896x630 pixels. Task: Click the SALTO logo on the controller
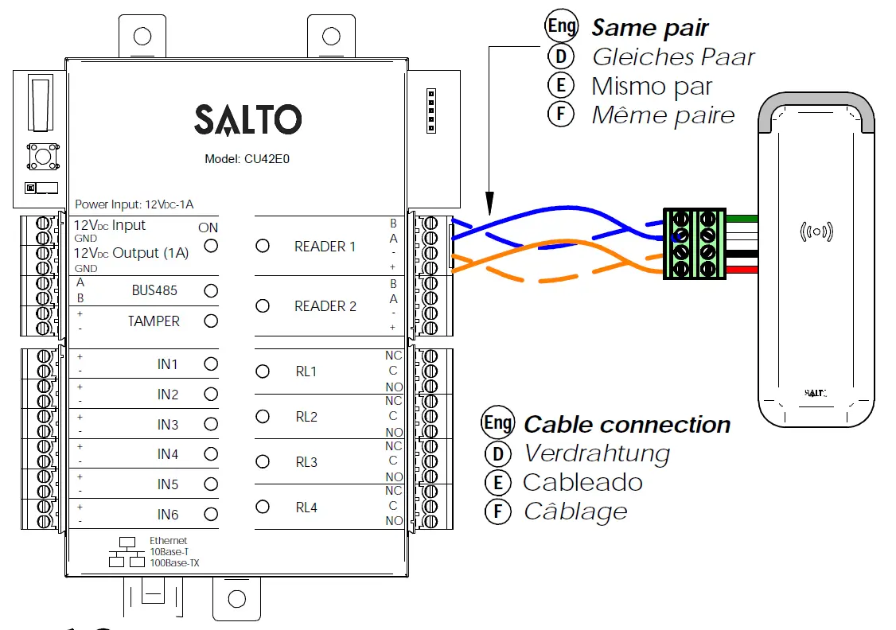[247, 120]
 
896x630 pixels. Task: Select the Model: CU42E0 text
[247, 158]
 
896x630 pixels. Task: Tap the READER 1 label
[325, 247]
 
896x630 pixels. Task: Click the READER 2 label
[325, 306]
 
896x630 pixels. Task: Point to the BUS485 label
[154, 291]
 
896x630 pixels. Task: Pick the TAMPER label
[154, 321]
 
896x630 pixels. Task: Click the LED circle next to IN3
[211, 424]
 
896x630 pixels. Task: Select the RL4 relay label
[306, 507]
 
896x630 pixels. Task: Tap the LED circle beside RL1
[263, 371]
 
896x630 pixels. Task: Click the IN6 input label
[167, 515]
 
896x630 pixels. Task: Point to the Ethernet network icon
[127, 553]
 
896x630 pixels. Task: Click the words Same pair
[649, 29]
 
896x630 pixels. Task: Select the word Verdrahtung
[596, 453]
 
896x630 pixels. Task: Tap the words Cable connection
[626, 425]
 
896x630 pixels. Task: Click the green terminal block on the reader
[694, 243]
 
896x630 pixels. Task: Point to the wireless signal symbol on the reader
[816, 232]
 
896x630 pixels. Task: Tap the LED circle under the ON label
[211, 246]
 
